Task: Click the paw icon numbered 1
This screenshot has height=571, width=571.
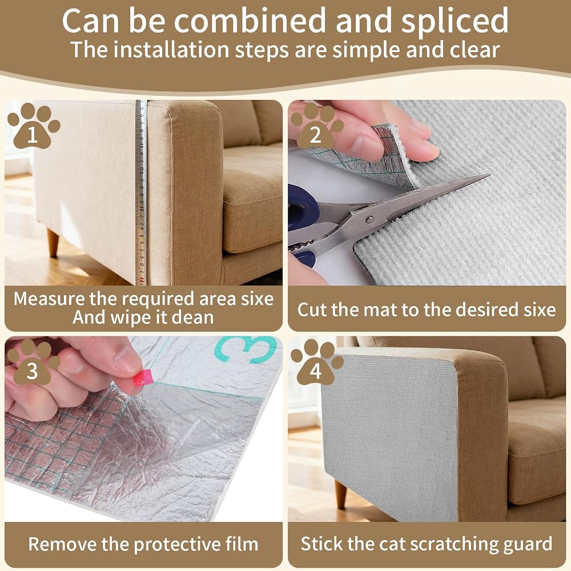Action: point(34,126)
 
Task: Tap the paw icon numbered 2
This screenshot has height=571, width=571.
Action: point(316,126)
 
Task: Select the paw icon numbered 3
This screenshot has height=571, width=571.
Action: point(34,363)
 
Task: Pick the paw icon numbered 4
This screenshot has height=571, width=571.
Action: point(316,363)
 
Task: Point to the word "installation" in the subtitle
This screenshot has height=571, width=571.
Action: point(170,50)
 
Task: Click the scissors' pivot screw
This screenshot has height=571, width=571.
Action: point(370,219)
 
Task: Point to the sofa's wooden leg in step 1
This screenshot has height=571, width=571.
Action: point(53,243)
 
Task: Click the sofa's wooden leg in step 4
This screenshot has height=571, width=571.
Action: point(340,494)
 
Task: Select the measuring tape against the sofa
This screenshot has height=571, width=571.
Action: point(141,192)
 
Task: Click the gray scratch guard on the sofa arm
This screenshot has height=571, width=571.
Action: point(389,433)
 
